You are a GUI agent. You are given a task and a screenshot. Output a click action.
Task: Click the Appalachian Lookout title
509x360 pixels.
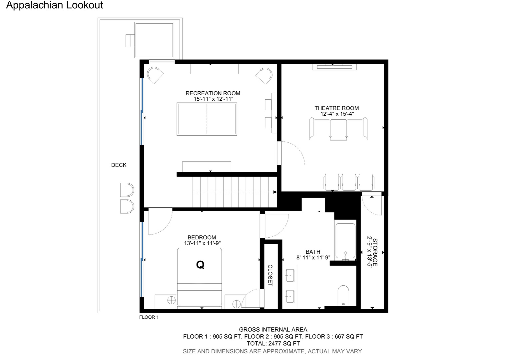click(x=55, y=5)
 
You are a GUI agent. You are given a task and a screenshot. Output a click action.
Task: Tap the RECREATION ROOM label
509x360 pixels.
click(x=213, y=93)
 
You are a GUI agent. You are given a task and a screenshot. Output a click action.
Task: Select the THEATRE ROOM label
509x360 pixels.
click(x=336, y=108)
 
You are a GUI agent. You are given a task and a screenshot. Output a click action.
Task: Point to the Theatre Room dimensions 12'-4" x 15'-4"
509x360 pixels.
click(x=337, y=114)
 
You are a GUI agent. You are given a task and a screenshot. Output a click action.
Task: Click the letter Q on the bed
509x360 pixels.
click(x=200, y=265)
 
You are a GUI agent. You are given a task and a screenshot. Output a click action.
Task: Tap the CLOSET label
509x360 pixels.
click(x=270, y=275)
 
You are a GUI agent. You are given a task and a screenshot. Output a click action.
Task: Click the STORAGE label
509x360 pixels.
click(x=375, y=252)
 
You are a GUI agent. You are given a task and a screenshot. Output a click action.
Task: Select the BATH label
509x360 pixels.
click(x=313, y=252)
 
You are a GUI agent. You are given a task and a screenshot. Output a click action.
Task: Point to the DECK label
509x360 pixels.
click(x=119, y=165)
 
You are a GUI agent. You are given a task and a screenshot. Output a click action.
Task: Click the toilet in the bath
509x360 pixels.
click(x=343, y=296)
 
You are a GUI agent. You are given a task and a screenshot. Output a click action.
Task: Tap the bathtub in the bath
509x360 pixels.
click(x=345, y=241)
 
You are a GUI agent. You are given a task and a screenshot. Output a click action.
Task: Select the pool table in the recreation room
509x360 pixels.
click(x=207, y=119)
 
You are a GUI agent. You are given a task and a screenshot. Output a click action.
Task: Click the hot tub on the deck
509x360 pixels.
click(x=154, y=40)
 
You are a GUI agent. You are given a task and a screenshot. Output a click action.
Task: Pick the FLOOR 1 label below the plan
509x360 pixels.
click(x=149, y=317)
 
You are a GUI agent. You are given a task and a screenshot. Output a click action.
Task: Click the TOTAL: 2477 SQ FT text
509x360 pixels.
click(x=273, y=344)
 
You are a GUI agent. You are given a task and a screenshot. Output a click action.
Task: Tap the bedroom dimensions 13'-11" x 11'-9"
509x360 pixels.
click(x=202, y=243)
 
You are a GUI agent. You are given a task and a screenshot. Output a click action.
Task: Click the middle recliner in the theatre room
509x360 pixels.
click(x=349, y=182)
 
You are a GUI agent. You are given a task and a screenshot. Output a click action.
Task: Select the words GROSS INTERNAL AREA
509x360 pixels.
click(x=273, y=330)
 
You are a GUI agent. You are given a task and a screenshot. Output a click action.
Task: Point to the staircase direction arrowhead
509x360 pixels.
click(x=275, y=192)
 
